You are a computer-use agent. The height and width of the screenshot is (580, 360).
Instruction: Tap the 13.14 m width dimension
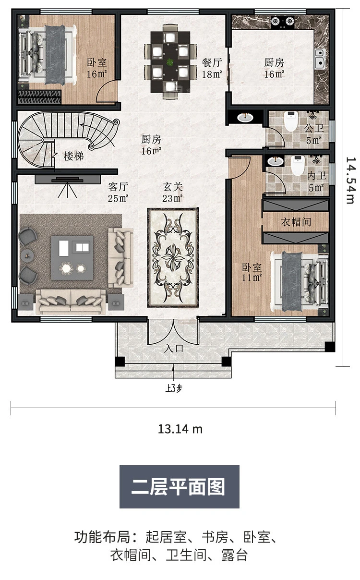[x=180, y=429]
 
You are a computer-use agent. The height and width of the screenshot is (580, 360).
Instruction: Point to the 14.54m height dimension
[x=351, y=180]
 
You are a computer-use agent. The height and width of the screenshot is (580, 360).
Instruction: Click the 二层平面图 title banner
[x=180, y=487]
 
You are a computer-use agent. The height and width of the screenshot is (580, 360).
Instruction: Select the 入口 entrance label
[x=174, y=349]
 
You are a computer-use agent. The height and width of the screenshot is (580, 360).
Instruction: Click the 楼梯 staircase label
[x=74, y=156]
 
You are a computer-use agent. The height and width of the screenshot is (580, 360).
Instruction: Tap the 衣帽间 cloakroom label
[x=296, y=222]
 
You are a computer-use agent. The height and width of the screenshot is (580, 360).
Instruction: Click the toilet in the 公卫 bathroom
[x=291, y=121]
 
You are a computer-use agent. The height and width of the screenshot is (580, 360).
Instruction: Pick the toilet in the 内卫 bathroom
[x=298, y=165]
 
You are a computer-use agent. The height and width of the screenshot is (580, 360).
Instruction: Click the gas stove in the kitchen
[x=283, y=22]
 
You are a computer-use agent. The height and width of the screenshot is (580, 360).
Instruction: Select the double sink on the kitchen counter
[x=320, y=58]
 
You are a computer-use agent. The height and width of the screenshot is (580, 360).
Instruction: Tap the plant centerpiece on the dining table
[x=170, y=62]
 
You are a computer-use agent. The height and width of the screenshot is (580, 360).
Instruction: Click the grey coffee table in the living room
[x=72, y=258]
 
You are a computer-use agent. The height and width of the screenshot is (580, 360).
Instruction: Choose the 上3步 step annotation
[x=174, y=388]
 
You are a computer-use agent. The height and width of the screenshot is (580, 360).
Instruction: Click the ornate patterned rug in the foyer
[x=173, y=258]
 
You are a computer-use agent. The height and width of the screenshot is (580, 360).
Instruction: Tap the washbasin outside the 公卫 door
[x=245, y=118]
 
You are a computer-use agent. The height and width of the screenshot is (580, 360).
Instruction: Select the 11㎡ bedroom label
[x=252, y=272]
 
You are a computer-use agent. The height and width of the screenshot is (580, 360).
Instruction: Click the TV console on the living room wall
[x=68, y=179]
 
